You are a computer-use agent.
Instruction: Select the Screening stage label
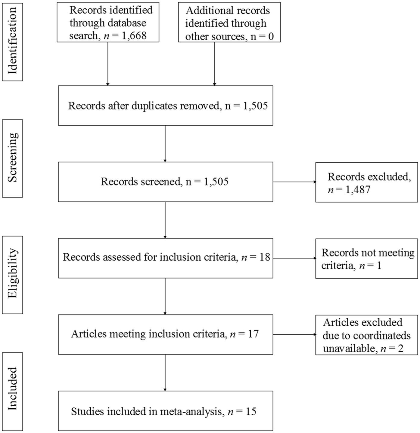pos(12,158)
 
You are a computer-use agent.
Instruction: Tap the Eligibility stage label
pos(12,274)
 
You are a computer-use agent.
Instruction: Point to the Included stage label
pos(12,391)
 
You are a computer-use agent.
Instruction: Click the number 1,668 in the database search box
pos(134,35)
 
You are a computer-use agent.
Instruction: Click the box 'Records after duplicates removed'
pos(165,106)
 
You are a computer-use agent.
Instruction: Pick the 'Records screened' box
pos(165,182)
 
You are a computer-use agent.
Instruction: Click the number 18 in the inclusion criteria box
pos(265,257)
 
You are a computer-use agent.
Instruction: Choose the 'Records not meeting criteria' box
pos(366,259)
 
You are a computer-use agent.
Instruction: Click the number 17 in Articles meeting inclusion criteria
pos(253,334)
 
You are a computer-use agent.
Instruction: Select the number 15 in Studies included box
pos(251,411)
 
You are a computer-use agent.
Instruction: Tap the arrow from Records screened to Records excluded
pos(294,182)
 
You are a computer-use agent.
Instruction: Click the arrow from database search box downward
pos(108,64)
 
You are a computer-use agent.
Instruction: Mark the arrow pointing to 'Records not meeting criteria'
pos(294,258)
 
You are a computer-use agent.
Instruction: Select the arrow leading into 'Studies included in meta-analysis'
pos(165,373)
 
